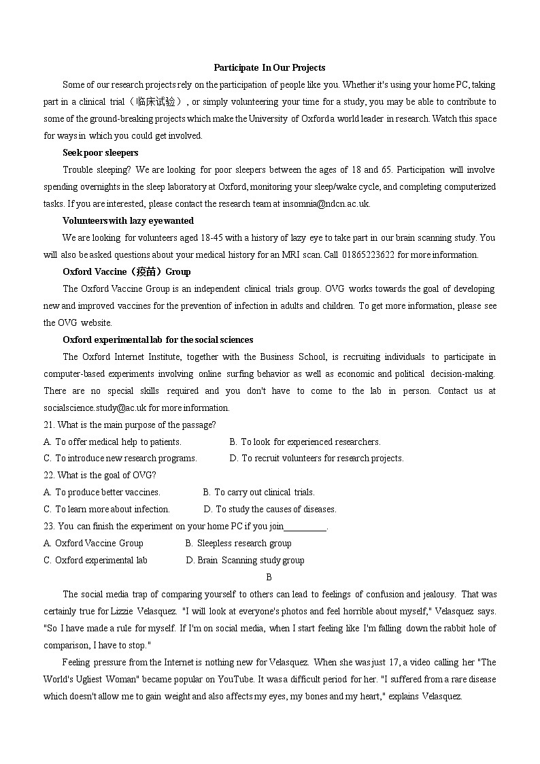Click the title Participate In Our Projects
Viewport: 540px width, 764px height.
(x=269, y=67)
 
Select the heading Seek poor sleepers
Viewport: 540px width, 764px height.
(x=100, y=152)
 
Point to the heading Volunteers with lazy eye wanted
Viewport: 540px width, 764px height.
(x=128, y=220)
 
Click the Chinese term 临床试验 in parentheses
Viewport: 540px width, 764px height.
(x=160, y=101)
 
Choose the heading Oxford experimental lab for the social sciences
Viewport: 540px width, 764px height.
(x=158, y=339)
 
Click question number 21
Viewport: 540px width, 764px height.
(x=49, y=425)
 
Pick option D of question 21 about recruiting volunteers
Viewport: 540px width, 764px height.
(x=316, y=458)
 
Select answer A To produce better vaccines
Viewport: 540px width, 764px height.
(x=102, y=492)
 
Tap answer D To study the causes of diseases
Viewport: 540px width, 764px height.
(x=270, y=509)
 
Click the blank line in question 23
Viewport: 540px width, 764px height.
(x=305, y=527)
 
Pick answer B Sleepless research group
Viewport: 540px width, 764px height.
(x=238, y=543)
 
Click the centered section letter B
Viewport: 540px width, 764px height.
(x=269, y=577)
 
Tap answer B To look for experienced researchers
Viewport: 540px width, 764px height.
(x=305, y=442)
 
